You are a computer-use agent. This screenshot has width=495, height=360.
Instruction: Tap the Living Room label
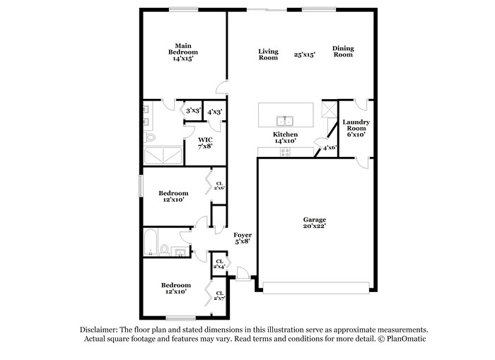click(268, 54)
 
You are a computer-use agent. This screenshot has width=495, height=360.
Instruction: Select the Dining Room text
click(343, 52)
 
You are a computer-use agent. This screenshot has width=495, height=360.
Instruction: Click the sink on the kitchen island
click(286, 120)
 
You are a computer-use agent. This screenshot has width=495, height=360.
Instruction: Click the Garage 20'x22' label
click(314, 223)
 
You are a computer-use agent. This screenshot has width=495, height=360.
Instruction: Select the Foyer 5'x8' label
click(242, 238)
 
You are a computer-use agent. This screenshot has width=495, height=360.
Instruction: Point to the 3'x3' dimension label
click(191, 111)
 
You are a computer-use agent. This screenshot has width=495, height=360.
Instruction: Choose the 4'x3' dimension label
click(214, 111)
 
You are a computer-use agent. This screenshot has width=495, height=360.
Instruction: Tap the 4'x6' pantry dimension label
click(330, 148)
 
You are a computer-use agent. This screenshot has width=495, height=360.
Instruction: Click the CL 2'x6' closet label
click(219, 185)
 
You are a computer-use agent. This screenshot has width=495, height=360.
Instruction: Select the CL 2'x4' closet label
click(219, 264)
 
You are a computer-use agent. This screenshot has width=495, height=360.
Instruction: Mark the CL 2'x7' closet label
click(219, 296)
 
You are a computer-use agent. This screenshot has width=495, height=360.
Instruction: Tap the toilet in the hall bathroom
click(165, 250)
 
